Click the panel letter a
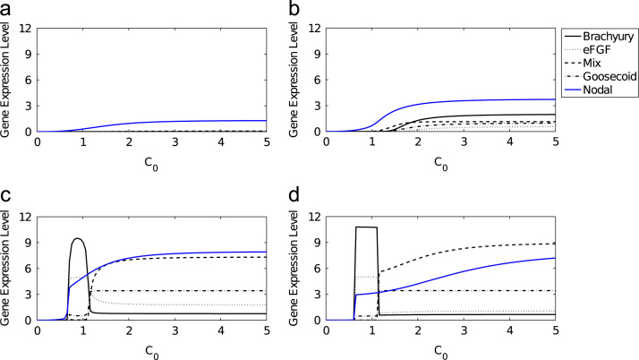[x=6, y=7]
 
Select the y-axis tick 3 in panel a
[x=29, y=106]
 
